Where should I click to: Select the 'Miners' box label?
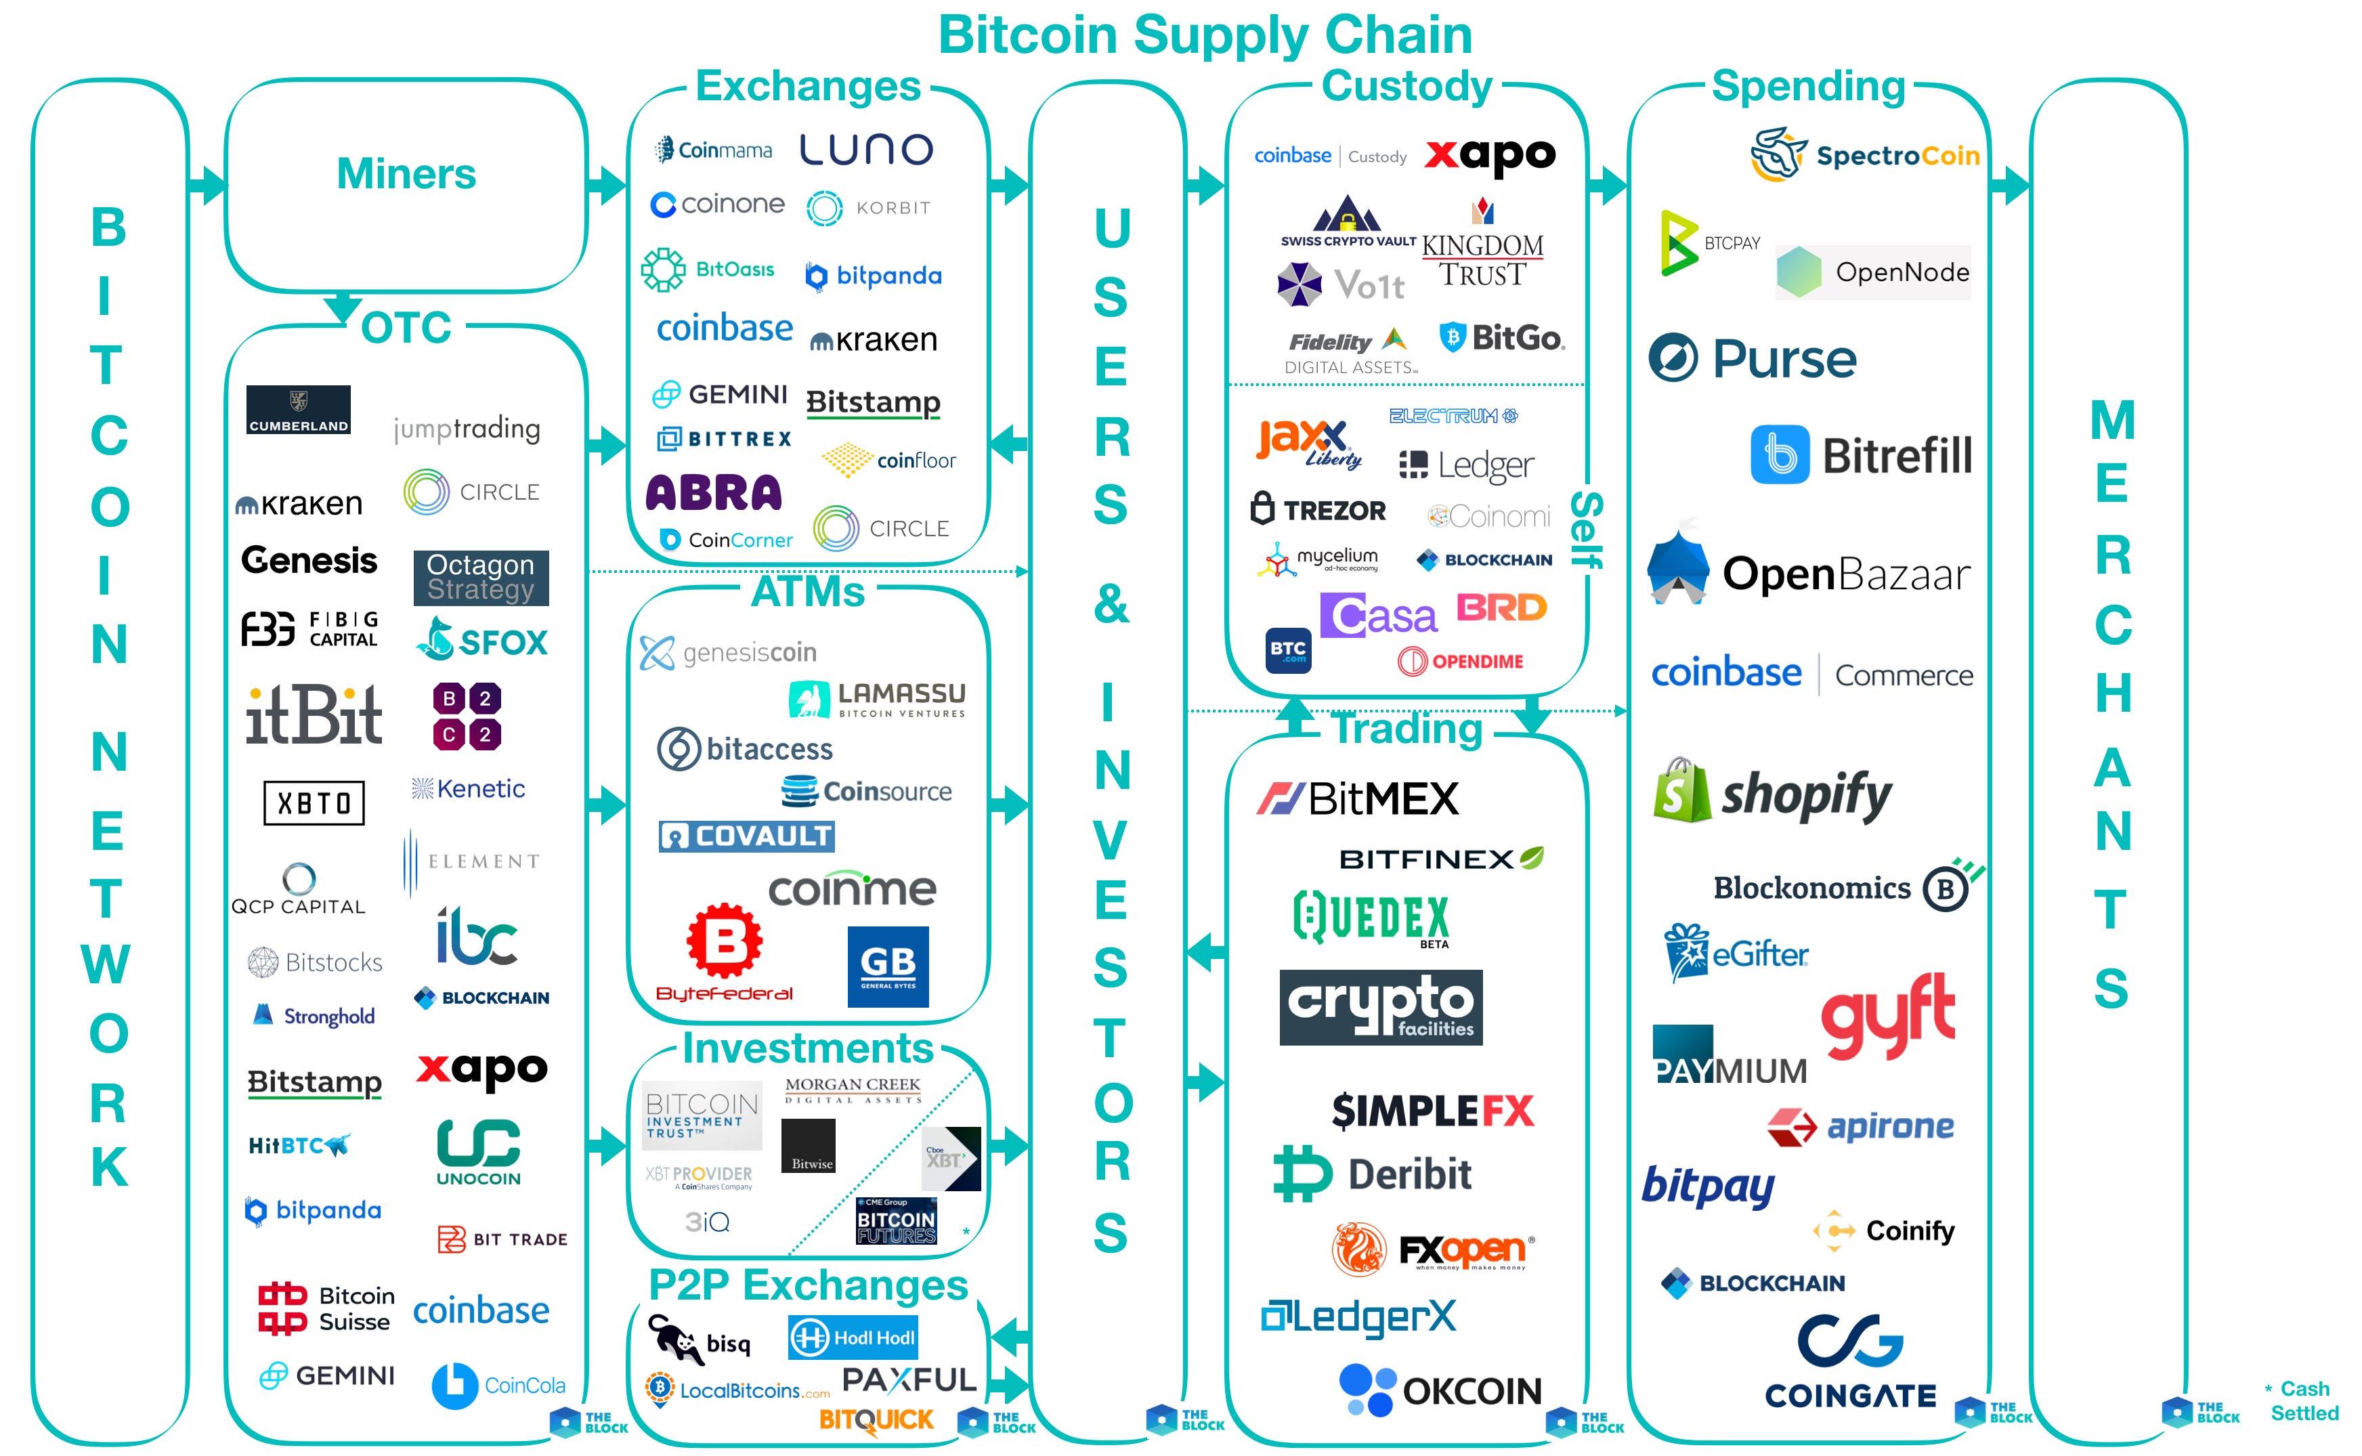click(x=406, y=174)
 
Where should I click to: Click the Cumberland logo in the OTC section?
click(x=299, y=410)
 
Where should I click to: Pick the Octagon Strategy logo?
click(x=481, y=577)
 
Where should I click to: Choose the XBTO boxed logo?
click(x=314, y=802)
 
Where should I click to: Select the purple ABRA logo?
click(x=714, y=492)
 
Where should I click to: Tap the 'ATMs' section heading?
click(x=808, y=593)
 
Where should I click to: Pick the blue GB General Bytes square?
click(x=888, y=966)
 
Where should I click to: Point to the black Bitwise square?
click(x=809, y=1146)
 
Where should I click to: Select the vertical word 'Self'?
click(x=1585, y=530)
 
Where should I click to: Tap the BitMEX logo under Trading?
click(x=1358, y=798)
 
